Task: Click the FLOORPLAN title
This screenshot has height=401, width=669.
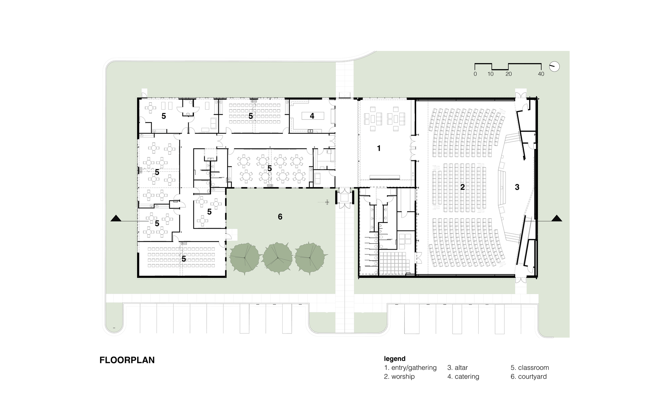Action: [127, 360]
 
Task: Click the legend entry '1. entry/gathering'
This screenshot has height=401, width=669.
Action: [410, 368]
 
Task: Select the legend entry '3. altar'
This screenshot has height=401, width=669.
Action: [457, 368]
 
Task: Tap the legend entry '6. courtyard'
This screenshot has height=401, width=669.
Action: [529, 377]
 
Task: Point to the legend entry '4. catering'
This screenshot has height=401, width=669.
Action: [463, 377]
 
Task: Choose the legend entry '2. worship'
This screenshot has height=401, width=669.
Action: [399, 377]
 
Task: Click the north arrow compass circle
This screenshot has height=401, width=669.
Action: [554, 66]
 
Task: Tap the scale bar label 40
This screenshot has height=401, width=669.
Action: [541, 74]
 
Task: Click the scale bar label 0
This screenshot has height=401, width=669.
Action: [475, 74]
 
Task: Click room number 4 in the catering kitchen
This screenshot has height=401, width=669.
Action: [312, 116]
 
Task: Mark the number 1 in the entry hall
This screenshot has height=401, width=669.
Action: [379, 148]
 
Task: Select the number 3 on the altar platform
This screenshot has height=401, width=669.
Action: [517, 187]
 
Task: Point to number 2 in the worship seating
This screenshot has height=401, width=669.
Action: [462, 187]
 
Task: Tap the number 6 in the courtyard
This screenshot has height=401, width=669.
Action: [280, 217]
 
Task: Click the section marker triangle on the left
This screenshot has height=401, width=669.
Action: [116, 219]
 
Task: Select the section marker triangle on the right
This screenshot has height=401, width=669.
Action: [557, 219]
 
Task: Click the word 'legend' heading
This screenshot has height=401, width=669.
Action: [395, 359]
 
